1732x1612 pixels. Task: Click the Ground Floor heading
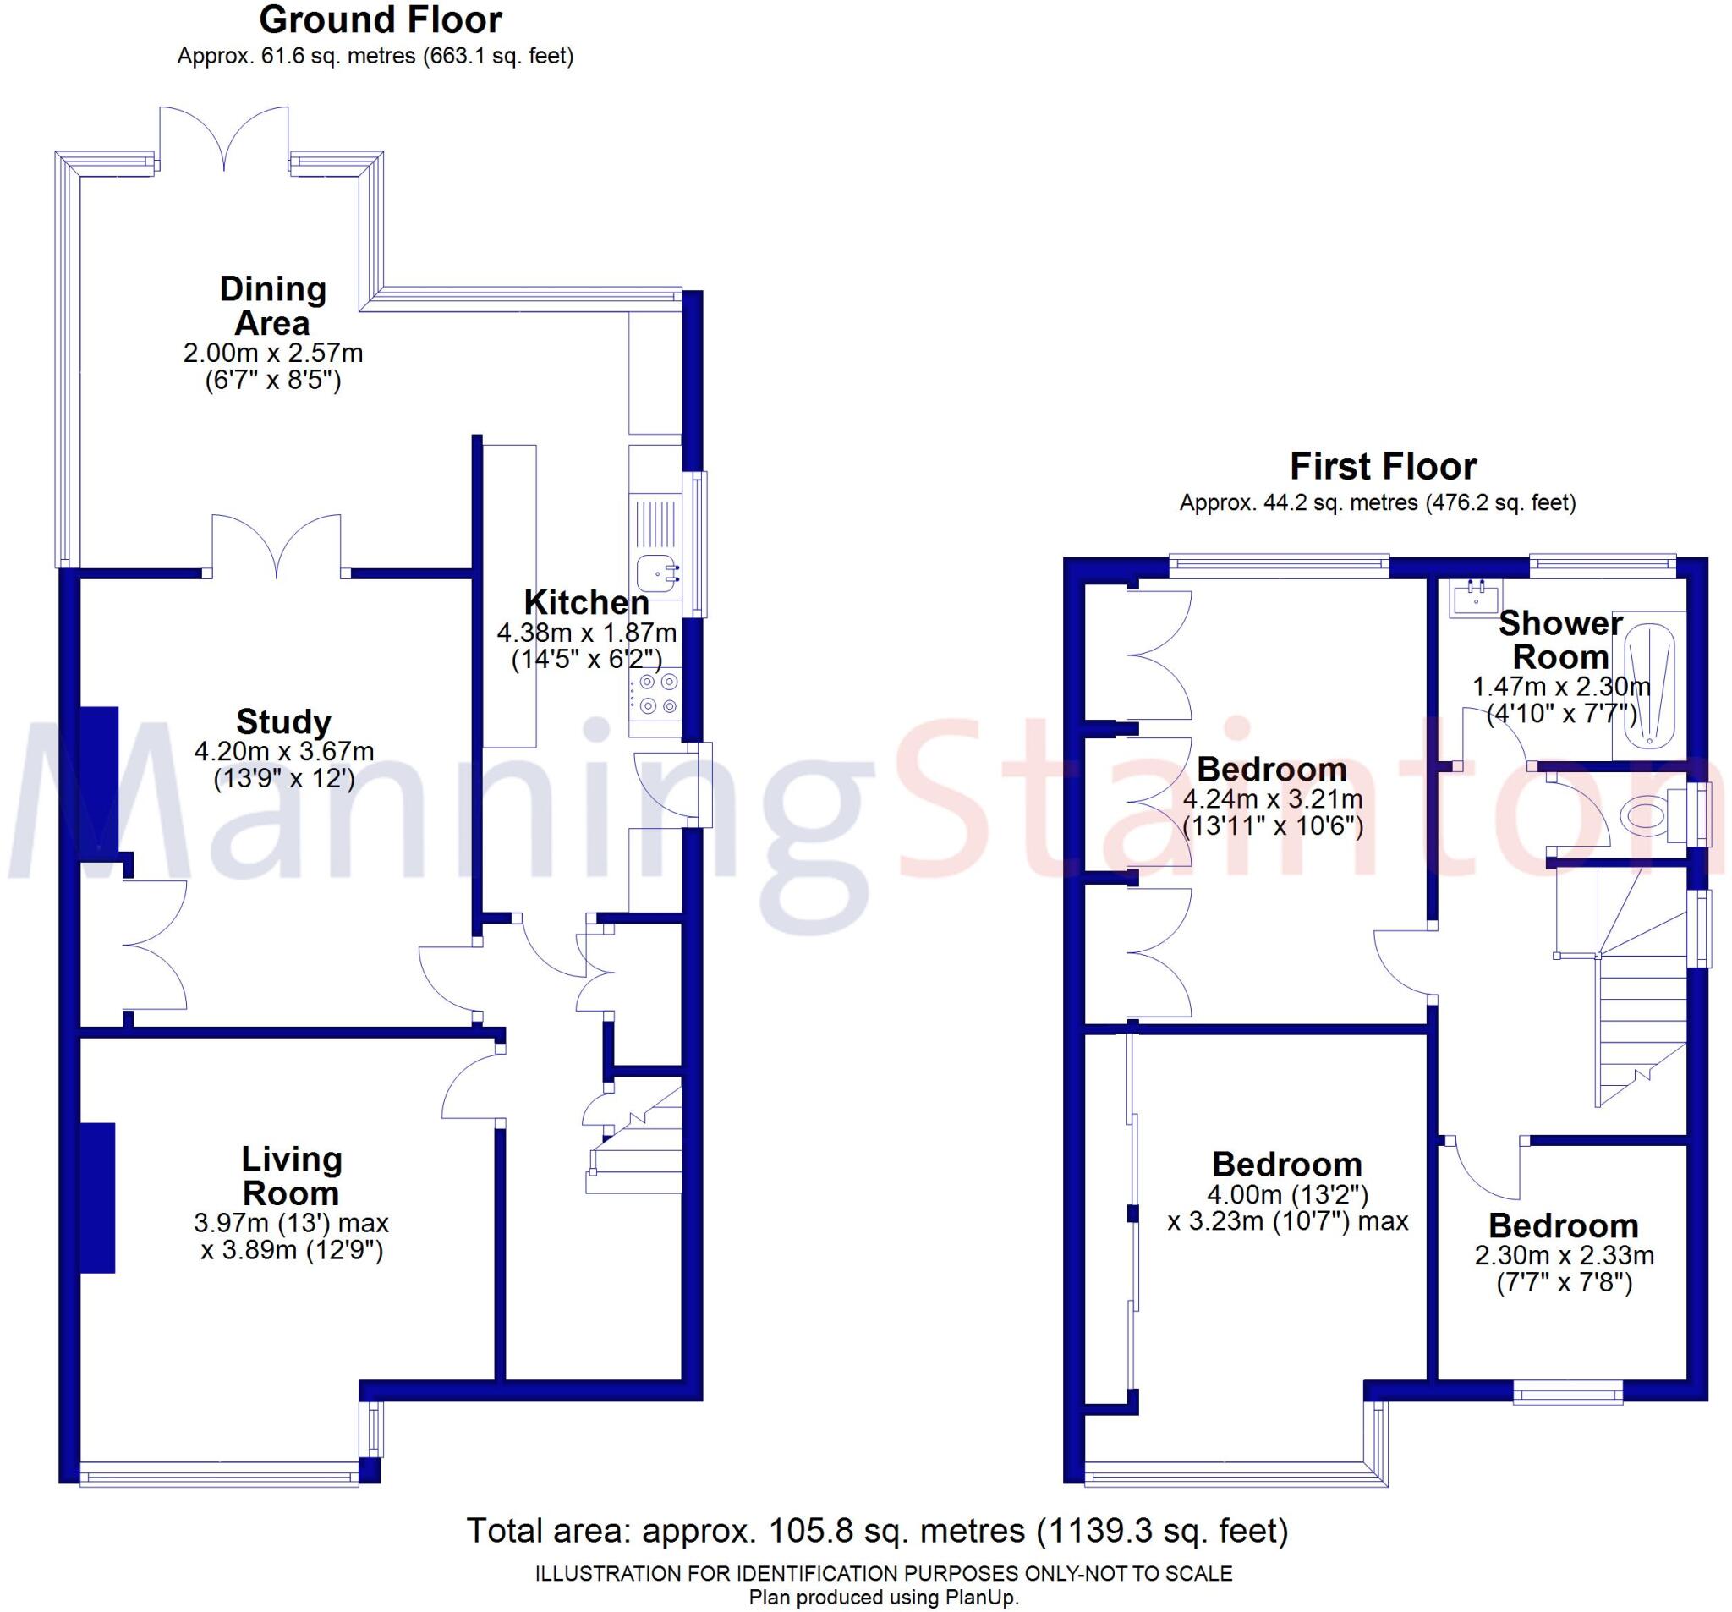[381, 21]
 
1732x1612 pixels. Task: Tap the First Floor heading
[1383, 467]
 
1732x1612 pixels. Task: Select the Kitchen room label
[586, 602]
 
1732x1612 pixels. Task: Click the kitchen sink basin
[655, 573]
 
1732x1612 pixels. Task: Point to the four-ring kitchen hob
[655, 694]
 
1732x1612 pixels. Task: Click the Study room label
[284, 721]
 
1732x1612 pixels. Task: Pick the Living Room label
[291, 1176]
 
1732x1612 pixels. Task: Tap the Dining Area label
[272, 306]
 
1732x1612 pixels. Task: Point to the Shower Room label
[1560, 639]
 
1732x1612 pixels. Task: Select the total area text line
[876, 1531]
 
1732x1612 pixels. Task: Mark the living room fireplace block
[98, 1198]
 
